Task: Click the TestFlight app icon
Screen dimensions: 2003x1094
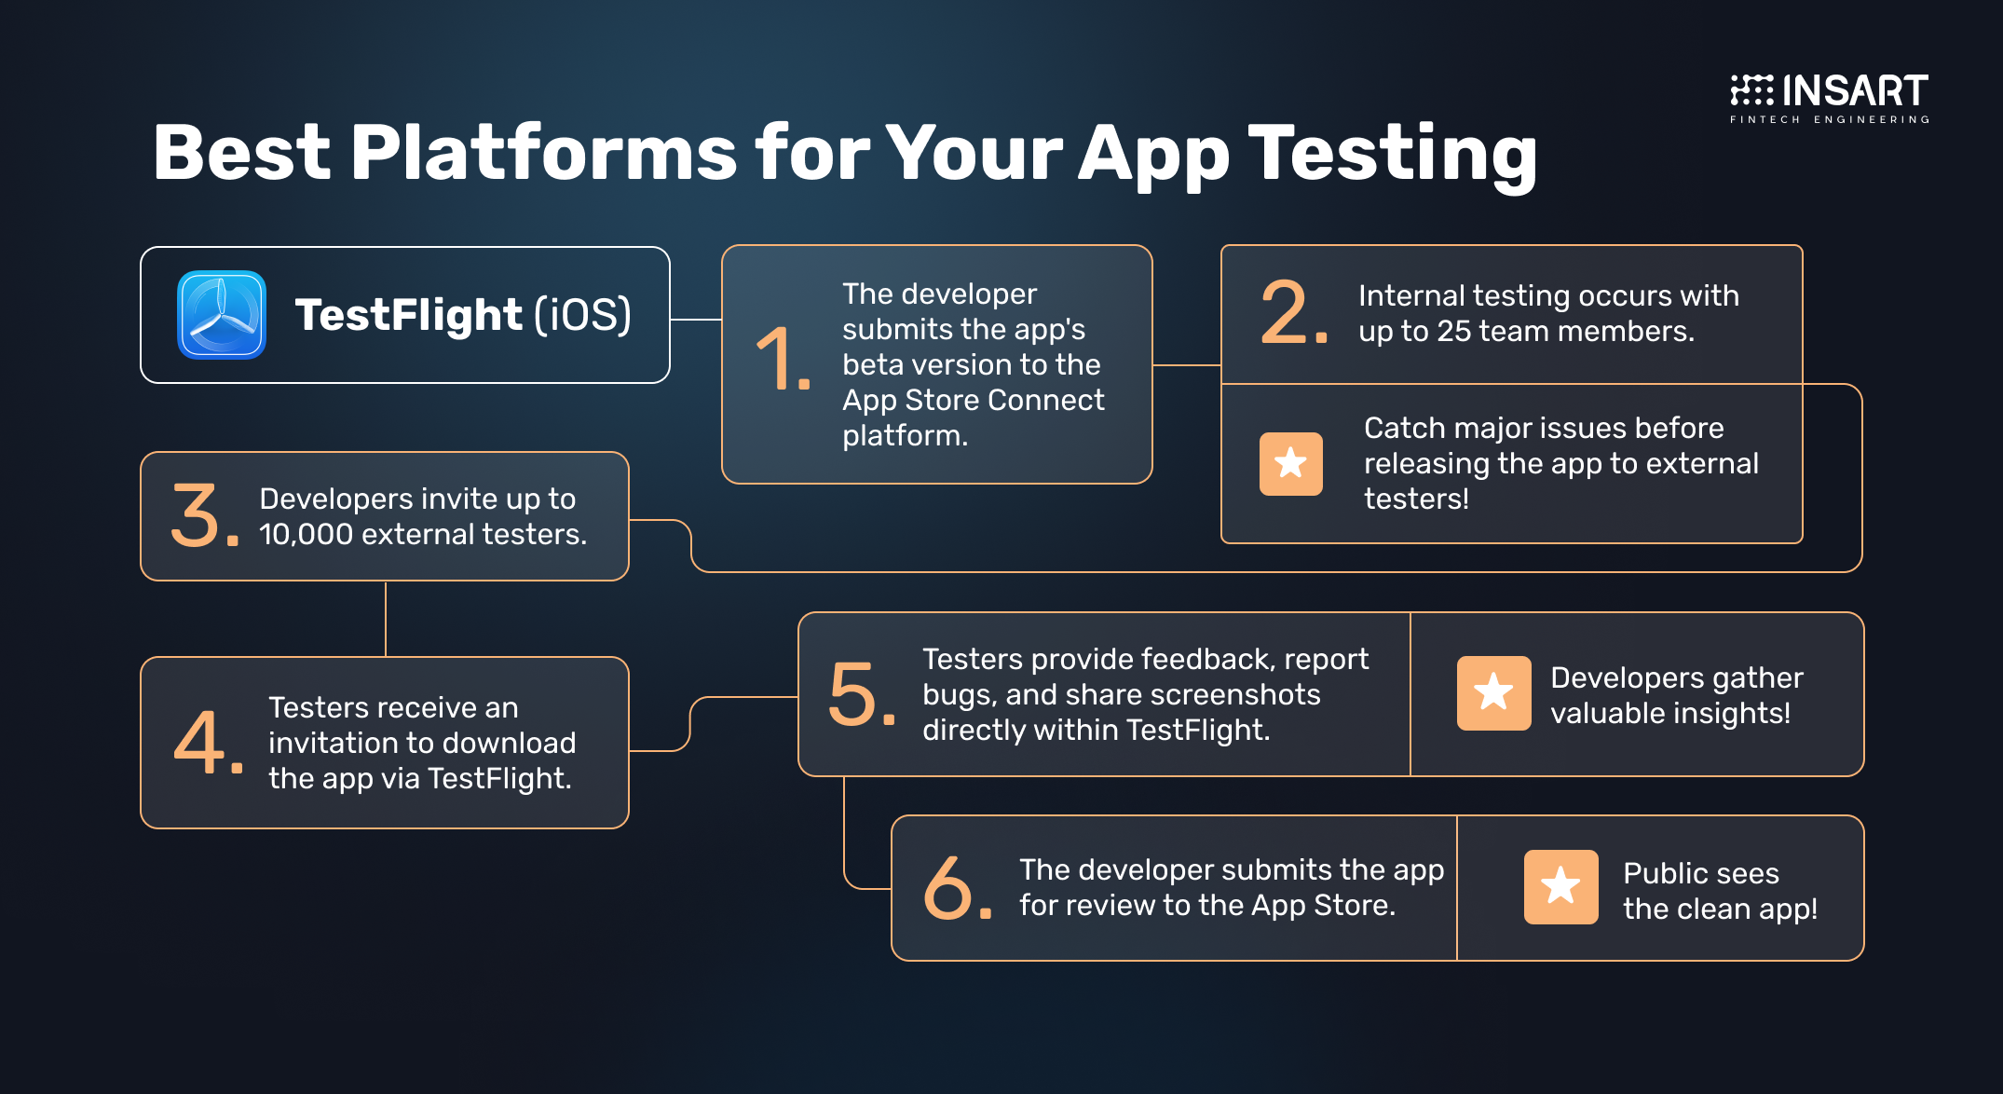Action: click(222, 315)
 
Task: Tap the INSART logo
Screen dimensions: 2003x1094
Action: click(1830, 98)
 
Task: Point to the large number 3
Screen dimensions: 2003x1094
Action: click(204, 515)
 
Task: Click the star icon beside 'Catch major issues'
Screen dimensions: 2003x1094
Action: click(1291, 463)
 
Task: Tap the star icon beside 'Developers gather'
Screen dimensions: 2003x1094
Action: click(1494, 692)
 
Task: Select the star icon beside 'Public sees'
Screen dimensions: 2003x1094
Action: click(1561, 886)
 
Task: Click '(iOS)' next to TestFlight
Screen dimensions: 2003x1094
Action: click(583, 315)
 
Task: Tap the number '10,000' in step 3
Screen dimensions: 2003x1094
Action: click(306, 535)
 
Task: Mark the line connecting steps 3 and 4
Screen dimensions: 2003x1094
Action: click(386, 619)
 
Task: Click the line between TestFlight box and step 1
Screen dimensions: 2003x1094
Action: click(696, 320)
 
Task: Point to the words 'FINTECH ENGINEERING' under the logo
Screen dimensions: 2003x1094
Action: click(1830, 119)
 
